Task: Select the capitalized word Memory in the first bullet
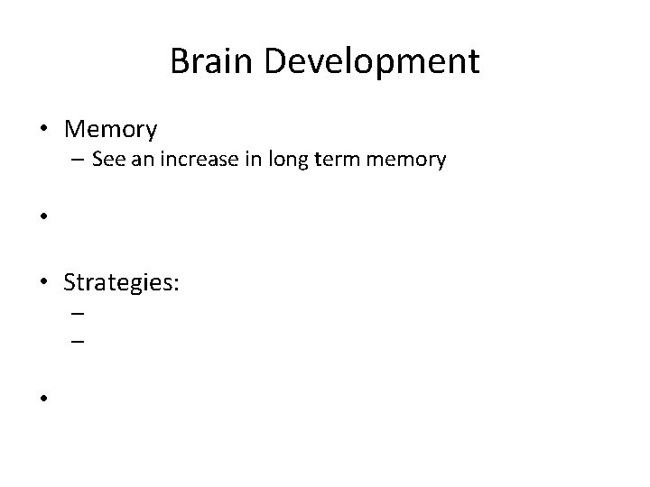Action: click(110, 132)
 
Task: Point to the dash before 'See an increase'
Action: click(74, 161)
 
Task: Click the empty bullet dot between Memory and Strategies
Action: click(43, 217)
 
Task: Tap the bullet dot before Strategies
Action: click(43, 283)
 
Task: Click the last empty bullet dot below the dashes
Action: click(43, 397)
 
